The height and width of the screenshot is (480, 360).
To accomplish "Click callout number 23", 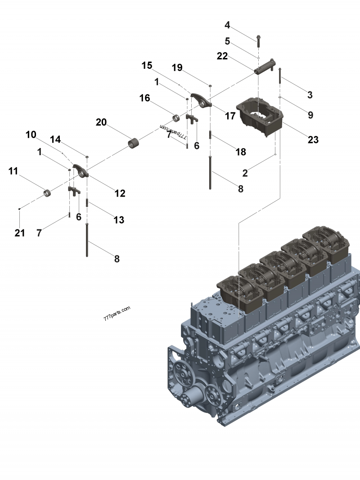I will pos(313,139).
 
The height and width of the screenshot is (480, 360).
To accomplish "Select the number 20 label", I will pos(101,122).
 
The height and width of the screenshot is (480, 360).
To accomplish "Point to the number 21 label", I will pos(20,233).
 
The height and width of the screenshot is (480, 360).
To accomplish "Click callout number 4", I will pos(227,25).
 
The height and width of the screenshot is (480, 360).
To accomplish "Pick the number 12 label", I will pos(120,193).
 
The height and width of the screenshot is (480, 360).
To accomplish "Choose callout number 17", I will pos(230,116).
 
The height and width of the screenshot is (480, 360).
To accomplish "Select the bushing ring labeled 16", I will pos(177,119).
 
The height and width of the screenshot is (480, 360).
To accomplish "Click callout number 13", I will pos(118,220).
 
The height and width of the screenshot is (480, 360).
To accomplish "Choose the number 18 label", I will pos(241,152).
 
